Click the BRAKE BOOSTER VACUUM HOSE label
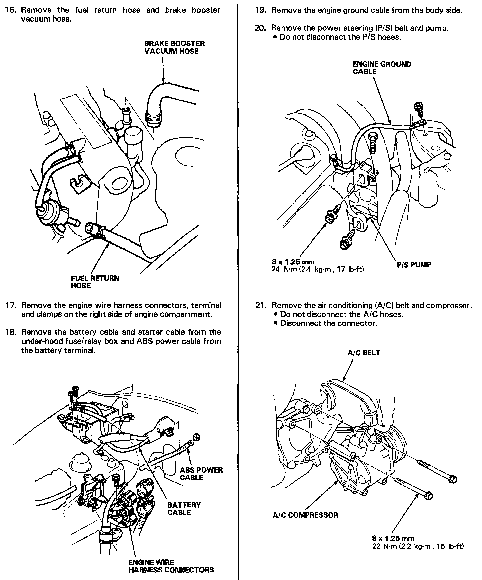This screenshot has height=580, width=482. coord(174,47)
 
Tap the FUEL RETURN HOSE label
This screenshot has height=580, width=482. coord(95,282)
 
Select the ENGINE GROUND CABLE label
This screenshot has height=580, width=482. coord(382,68)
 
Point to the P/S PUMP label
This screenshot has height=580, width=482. coord(414,265)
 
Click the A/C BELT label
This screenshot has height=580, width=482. coord(364,353)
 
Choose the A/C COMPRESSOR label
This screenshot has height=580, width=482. coord(305,515)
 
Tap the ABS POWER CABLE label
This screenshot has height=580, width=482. coord(201,474)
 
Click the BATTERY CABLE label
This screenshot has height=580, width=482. coord(184,508)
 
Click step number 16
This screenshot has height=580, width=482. coord(10,10)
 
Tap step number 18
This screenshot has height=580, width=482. coord(10,332)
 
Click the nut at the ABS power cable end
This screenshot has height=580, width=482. coord(197,437)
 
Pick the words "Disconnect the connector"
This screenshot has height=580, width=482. coord(329,323)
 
